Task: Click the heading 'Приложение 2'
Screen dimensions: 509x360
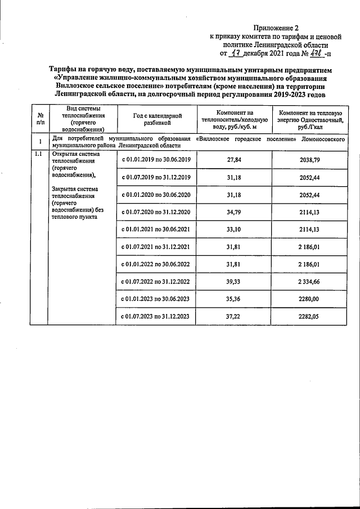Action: click(x=276, y=26)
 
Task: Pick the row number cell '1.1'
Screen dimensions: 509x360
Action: click(x=38, y=153)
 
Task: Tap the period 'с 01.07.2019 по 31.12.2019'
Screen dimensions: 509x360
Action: click(x=156, y=178)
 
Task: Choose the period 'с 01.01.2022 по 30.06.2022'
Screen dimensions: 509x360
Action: click(x=156, y=264)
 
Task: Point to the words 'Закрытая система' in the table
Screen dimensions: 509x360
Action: click(x=75, y=189)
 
